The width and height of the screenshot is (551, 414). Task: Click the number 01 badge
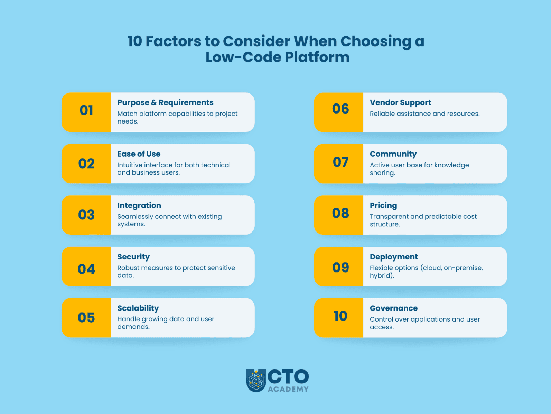[x=86, y=111]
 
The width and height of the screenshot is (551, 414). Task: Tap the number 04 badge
[x=86, y=269]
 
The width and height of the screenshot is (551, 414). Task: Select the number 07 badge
[x=340, y=162]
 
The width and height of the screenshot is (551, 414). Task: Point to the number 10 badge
[x=340, y=316]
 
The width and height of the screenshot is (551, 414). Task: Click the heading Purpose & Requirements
[x=165, y=102]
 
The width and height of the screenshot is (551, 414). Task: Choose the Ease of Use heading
[x=139, y=154]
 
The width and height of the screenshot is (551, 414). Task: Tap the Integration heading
[x=139, y=205]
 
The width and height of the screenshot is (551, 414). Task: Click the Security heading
[x=133, y=257]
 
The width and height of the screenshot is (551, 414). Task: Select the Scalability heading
[x=138, y=308]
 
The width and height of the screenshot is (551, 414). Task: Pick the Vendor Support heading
[x=400, y=102]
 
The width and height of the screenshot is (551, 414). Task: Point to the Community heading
[x=393, y=154]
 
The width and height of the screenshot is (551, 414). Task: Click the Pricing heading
[x=383, y=205]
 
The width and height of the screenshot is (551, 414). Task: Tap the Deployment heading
[x=394, y=257]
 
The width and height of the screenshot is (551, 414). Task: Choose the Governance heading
[x=394, y=308]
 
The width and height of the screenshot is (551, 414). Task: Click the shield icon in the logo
[x=256, y=381]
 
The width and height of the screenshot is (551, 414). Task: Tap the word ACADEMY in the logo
[x=288, y=389]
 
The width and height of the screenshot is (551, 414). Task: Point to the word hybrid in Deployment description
[x=381, y=276]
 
